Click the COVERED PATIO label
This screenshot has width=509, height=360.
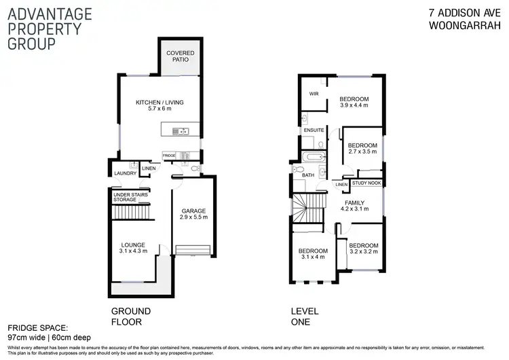[179, 56]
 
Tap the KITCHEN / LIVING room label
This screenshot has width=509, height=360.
[160, 102]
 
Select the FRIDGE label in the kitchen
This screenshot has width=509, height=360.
[169, 156]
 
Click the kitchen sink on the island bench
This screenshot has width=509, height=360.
[181, 131]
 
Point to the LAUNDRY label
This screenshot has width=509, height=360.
[126, 173]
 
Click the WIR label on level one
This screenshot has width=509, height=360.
[314, 94]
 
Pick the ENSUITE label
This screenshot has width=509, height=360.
[314, 130]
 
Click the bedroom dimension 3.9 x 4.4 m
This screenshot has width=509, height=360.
[354, 106]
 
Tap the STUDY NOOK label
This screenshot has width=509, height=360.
[366, 184]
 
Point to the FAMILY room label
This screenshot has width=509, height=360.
[354, 202]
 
